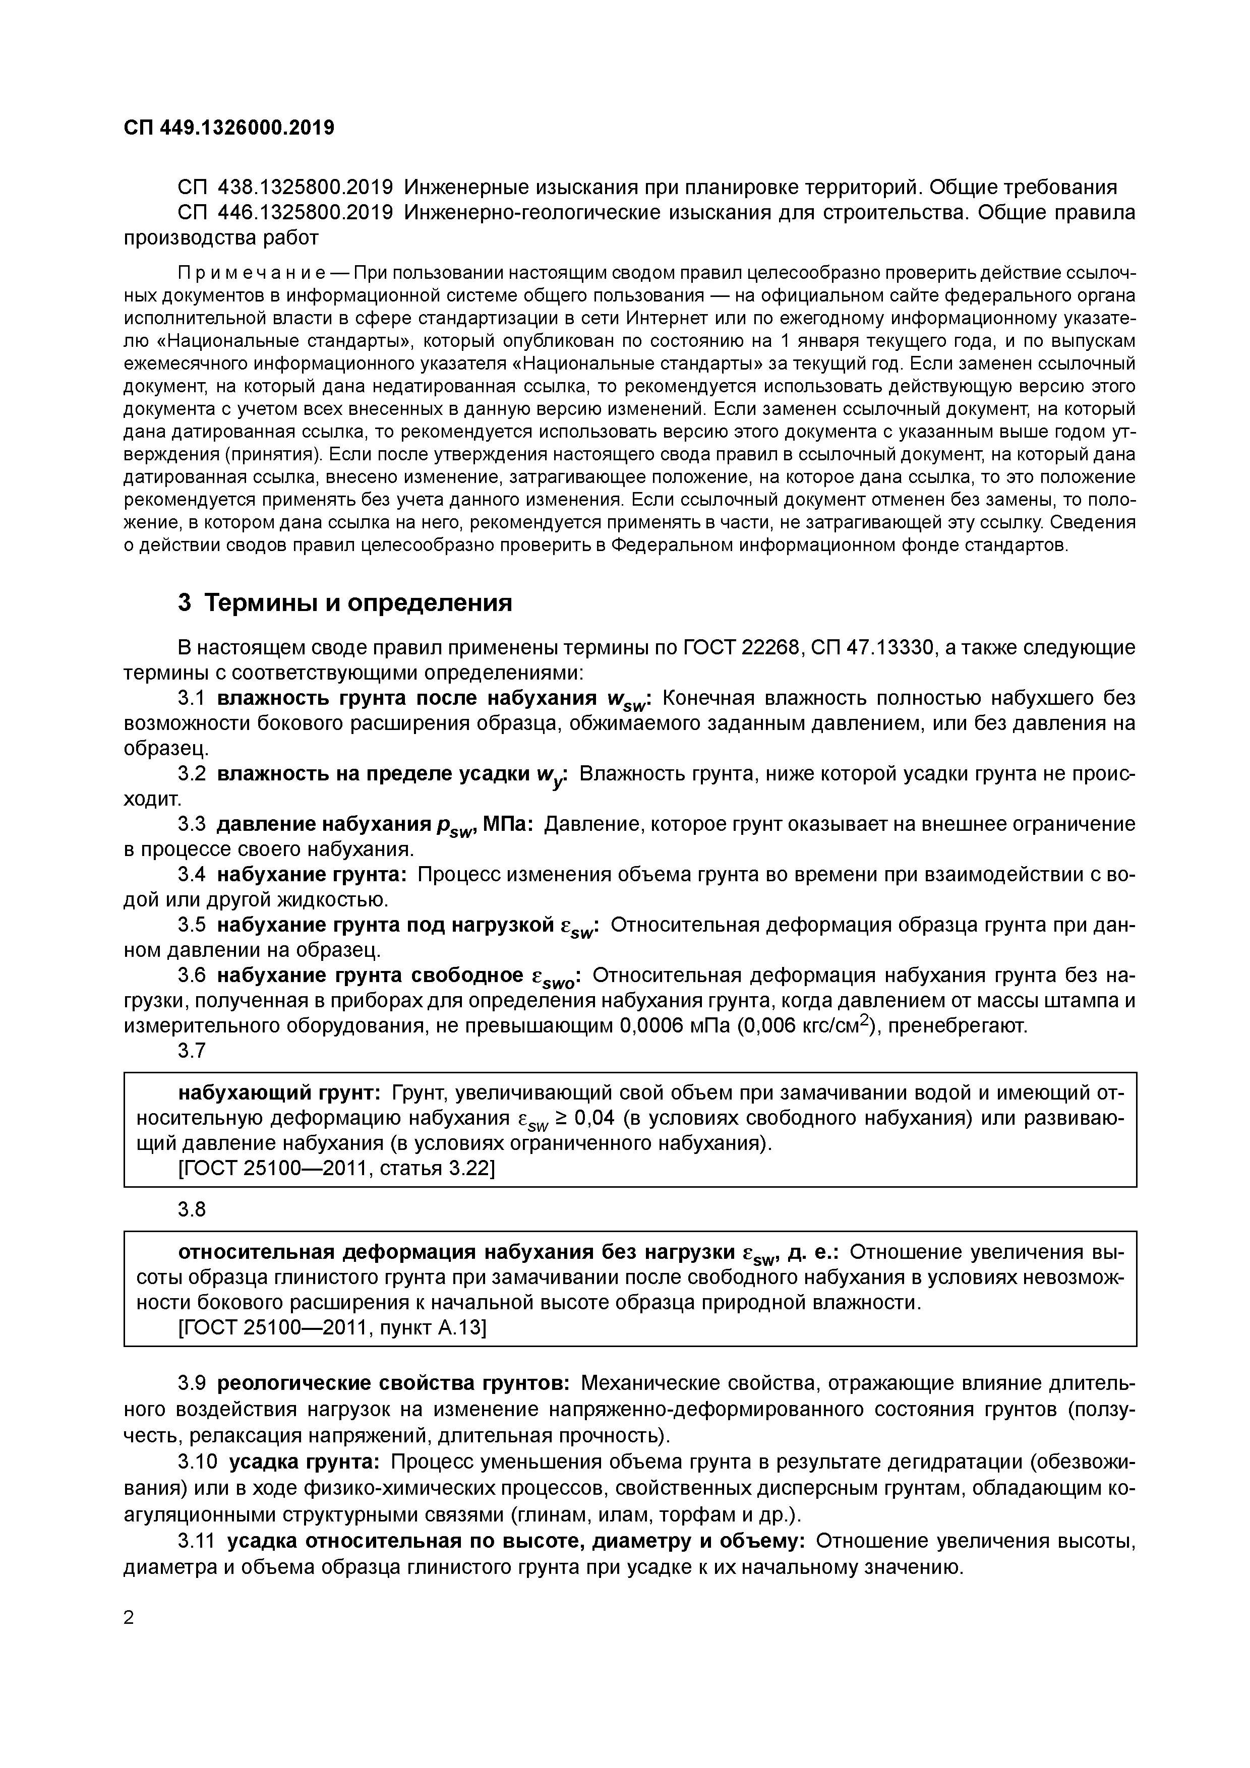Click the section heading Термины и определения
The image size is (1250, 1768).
[358, 602]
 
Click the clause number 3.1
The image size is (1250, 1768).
[192, 698]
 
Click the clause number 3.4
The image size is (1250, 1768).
[192, 875]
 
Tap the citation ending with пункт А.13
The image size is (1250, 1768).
[332, 1327]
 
